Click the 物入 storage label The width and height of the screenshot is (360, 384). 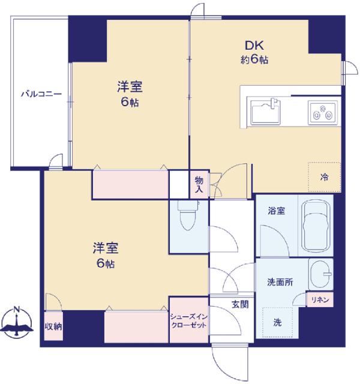click(x=199, y=185)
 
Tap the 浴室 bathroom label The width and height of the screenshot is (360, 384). click(x=276, y=211)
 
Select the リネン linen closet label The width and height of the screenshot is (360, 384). click(x=319, y=299)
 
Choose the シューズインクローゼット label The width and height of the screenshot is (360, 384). click(x=188, y=320)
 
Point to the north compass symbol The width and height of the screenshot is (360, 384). click(x=18, y=322)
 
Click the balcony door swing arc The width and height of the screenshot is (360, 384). click(x=56, y=160)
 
